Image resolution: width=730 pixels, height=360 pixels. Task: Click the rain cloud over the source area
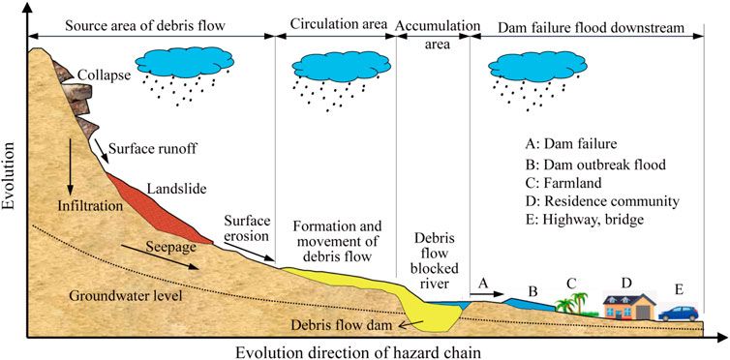click(x=185, y=66)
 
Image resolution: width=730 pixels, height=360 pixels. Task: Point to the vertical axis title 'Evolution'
click(x=13, y=183)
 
